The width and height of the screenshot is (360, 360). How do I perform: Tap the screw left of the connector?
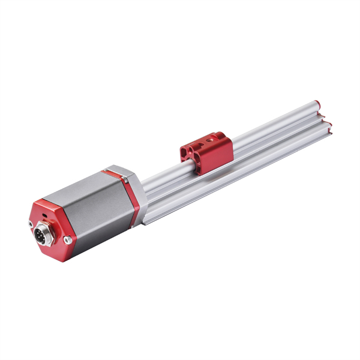(x=31, y=224)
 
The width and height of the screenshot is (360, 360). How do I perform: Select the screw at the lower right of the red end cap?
(x=68, y=240)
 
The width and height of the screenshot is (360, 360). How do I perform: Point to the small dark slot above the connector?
(x=43, y=213)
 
